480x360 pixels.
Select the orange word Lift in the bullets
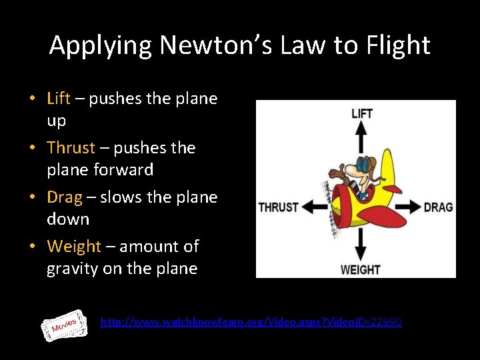pos(59,99)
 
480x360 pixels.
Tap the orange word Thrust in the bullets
pos(71,147)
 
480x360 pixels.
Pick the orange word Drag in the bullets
pos(65,197)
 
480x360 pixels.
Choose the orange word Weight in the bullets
pos(73,247)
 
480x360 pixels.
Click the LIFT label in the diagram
pos(361,114)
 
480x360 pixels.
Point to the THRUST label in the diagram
pos(278,207)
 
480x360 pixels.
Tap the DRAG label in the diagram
pos(438,207)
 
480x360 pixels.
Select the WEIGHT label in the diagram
pos(361,269)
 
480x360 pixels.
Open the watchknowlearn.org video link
pos(251,322)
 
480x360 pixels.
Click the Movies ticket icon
pos(67,325)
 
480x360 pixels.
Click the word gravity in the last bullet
pos(73,269)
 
